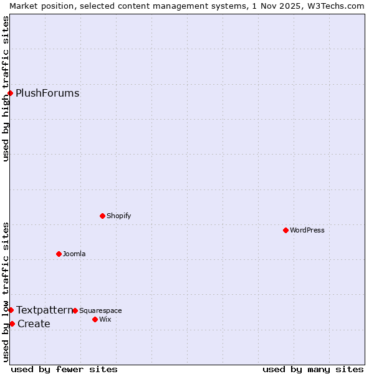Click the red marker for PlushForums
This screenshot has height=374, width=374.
(10, 93)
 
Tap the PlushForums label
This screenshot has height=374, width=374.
(47, 93)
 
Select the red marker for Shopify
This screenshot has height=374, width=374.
(102, 216)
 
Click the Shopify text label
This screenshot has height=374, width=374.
(118, 216)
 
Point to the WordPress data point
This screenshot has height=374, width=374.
(285, 230)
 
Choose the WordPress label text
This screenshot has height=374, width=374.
(307, 231)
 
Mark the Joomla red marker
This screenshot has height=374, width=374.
(59, 254)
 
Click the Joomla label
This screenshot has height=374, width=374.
(74, 254)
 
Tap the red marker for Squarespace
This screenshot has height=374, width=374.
(75, 310)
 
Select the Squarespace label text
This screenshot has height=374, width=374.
(100, 311)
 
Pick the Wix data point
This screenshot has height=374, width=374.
(95, 319)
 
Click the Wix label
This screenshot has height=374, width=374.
(105, 320)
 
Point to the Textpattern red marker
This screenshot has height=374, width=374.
(11, 310)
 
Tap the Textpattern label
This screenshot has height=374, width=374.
(44, 310)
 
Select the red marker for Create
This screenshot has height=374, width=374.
(12, 324)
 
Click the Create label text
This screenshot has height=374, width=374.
(34, 324)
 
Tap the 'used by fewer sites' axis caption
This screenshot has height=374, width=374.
(64, 369)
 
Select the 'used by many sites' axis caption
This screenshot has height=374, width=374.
(313, 369)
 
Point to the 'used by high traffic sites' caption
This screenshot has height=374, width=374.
(6, 89)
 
